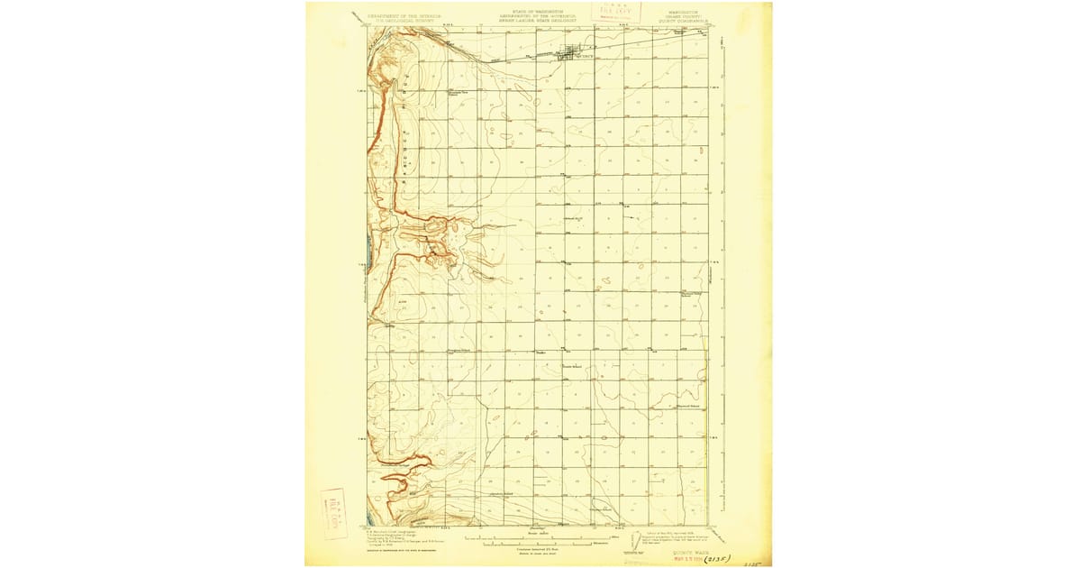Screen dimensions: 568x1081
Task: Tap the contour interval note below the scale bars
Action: [538, 552]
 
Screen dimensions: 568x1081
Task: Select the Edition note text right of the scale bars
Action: [671, 535]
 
